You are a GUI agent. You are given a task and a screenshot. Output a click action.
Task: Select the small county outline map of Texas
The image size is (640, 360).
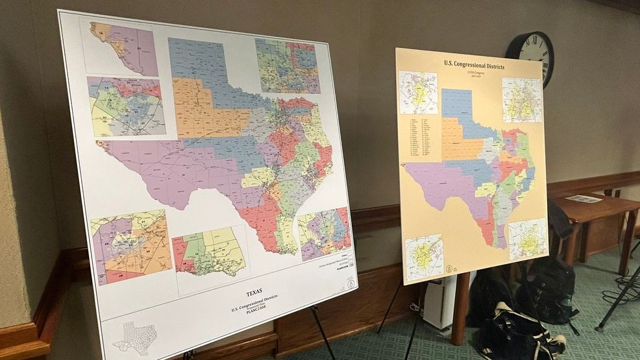click(x=135, y=337)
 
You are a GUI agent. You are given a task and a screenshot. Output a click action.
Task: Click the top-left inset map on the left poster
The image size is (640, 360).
click(x=125, y=49)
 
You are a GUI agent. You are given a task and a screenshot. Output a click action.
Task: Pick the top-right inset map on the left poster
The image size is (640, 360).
click(x=287, y=66)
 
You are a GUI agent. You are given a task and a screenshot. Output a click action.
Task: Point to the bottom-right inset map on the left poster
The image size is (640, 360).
click(x=324, y=234)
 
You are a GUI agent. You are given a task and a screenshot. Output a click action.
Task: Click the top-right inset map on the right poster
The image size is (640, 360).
click(x=522, y=100)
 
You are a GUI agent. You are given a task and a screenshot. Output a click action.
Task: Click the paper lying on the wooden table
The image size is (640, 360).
click(x=584, y=198)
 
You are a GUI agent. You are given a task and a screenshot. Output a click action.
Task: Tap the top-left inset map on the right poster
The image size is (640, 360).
click(x=418, y=92)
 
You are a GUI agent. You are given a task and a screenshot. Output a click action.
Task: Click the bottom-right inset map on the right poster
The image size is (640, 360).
click(x=527, y=239)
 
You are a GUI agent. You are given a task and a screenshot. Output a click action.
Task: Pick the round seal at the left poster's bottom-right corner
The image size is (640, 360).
click(x=351, y=283)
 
